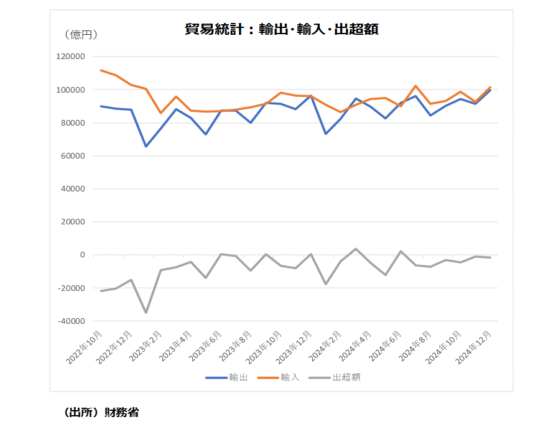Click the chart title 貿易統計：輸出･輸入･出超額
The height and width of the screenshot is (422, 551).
tap(282, 29)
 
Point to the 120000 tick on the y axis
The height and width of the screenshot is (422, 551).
tap(70, 57)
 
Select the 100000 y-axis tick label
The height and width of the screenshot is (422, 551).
tap(70, 89)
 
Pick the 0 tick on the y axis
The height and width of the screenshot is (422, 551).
tap(82, 255)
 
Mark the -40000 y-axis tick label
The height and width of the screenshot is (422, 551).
tap(71, 321)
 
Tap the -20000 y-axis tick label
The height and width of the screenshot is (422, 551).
tap(71, 288)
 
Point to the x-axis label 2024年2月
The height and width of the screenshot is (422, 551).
tap(325, 346)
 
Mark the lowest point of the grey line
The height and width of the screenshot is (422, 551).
tap(146, 313)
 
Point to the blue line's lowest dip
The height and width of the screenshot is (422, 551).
tap(146, 146)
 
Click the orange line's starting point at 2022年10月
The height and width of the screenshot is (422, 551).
tap(101, 70)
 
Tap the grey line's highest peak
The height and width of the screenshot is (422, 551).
tap(356, 249)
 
